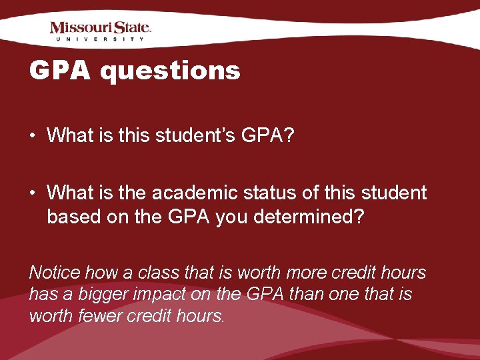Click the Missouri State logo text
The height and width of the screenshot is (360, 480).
101,28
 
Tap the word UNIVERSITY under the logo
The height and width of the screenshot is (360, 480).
101,40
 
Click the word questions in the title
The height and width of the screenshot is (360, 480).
170,70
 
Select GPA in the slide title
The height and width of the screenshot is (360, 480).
62,70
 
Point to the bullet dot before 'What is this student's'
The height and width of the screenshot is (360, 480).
33,136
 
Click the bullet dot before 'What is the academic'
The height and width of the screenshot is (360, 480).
33,193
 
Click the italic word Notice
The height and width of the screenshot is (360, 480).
55,273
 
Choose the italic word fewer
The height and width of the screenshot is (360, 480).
105,316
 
